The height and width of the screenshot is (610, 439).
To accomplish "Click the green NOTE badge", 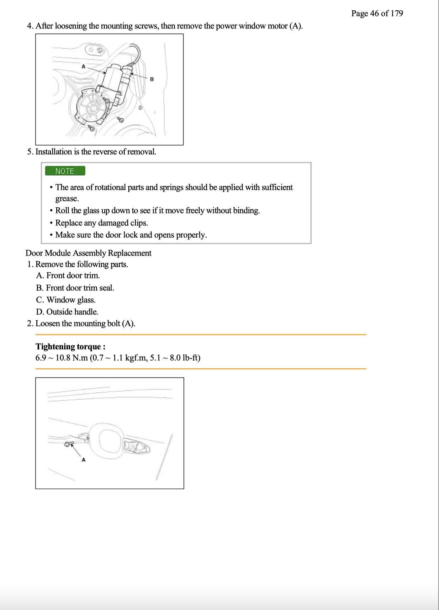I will pos(65,171).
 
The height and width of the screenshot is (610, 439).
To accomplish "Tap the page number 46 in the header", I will pos(374,13).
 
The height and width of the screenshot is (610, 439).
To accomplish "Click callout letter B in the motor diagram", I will pos(152,79).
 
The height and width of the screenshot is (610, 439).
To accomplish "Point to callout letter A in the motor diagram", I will pos(83,66).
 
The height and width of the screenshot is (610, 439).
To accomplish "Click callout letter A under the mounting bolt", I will pos(83,459).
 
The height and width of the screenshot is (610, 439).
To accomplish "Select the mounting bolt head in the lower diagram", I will pos(67,444).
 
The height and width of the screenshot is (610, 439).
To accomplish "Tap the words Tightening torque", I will pos(70,346).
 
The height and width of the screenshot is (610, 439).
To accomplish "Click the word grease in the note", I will pos(67,199).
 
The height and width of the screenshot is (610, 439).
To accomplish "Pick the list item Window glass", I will pos(71,300).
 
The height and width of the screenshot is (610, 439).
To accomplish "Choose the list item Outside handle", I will pos(72,312).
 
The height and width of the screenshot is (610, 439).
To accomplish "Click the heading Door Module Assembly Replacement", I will pos(88,253).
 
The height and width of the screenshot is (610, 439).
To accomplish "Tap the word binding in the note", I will pos(246,210).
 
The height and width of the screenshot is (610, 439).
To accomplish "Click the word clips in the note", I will pos(139,223).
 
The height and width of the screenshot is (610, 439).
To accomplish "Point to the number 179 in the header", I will pos(396,13).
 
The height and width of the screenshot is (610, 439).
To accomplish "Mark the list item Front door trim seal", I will pos(80,288).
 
